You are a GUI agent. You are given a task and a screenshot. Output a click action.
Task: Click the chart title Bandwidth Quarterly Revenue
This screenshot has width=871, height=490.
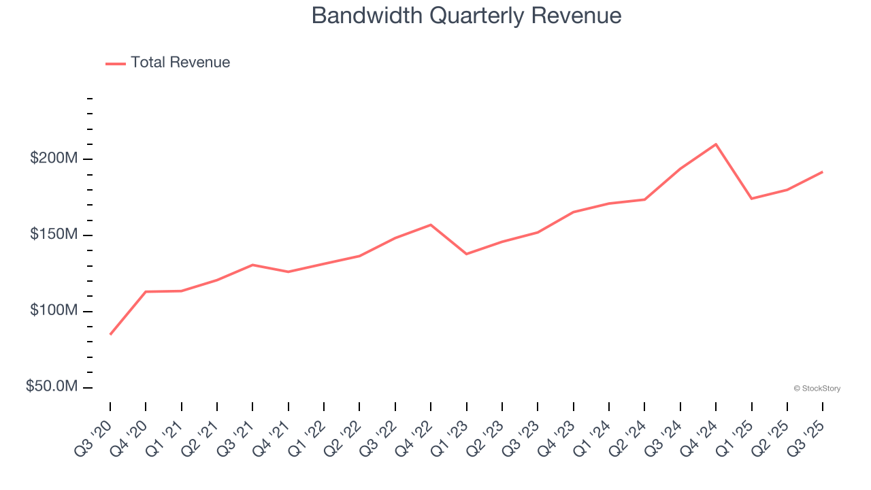pos(466,16)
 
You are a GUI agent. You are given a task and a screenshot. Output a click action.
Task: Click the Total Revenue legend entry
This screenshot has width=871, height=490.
pos(168,63)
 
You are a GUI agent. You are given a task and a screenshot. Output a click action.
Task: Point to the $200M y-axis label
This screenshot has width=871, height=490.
pos(54,159)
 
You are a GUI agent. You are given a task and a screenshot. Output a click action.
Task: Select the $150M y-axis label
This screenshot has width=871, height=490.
pos(54,235)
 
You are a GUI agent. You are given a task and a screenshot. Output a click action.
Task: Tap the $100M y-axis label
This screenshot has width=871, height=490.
pos(54,311)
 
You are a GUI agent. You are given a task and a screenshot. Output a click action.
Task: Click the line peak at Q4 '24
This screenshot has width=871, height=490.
pos(716,144)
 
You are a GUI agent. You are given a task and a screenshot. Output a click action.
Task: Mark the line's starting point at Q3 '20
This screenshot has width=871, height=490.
pos(110,334)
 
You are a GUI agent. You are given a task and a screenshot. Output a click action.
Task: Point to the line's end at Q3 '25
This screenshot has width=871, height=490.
pos(823,171)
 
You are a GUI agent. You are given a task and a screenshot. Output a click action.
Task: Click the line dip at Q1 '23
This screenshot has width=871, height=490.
pos(467,254)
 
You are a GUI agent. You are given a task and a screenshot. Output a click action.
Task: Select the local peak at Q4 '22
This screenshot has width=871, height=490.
pos(431,225)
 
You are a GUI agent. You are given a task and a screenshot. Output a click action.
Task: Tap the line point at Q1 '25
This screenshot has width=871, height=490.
pos(751,199)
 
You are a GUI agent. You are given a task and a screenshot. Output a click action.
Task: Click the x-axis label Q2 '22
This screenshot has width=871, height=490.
pos(346,434)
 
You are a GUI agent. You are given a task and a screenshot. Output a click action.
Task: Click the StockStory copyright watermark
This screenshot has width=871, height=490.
pos(817,389)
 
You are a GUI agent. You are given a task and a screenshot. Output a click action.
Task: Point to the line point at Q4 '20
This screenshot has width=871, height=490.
pos(146,291)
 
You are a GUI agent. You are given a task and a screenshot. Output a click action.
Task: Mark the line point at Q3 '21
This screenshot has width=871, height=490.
pos(252,265)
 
